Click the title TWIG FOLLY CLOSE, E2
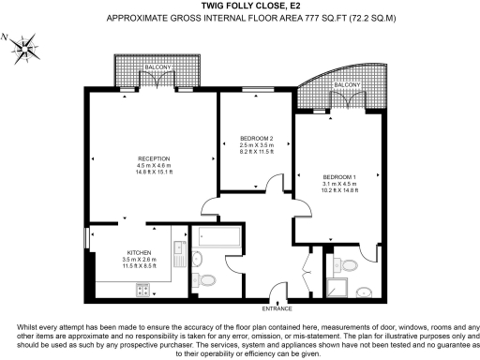click(x=240, y=7)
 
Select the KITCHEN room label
click(x=139, y=253)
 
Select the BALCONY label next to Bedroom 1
click(x=348, y=85)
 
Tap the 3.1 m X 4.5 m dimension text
click(x=339, y=185)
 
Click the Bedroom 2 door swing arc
click(x=273, y=189)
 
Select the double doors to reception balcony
click(x=157, y=89)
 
